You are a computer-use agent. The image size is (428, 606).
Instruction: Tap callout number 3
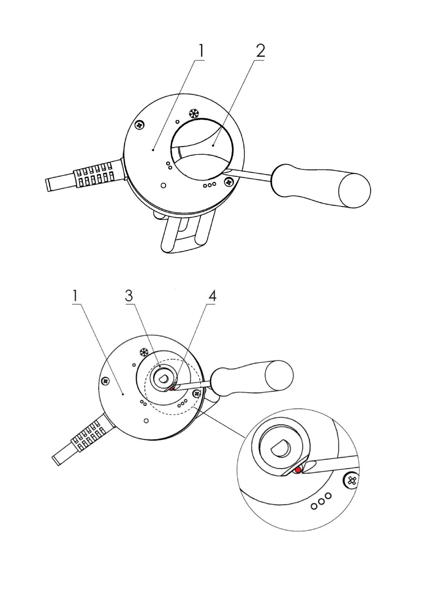(x=129, y=296)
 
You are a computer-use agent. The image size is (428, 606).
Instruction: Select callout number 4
(x=212, y=296)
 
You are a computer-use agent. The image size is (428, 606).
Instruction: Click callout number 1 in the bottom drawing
(x=75, y=296)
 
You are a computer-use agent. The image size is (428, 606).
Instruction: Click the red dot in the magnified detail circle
(x=298, y=470)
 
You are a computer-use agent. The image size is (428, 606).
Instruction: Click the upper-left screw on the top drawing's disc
(x=139, y=125)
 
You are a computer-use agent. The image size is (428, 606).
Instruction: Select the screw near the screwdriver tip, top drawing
(x=228, y=182)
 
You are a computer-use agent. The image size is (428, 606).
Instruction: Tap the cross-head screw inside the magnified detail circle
(x=351, y=480)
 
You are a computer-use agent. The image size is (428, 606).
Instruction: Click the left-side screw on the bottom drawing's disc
(x=105, y=380)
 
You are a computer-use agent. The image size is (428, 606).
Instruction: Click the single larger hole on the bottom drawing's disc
(x=146, y=421)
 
